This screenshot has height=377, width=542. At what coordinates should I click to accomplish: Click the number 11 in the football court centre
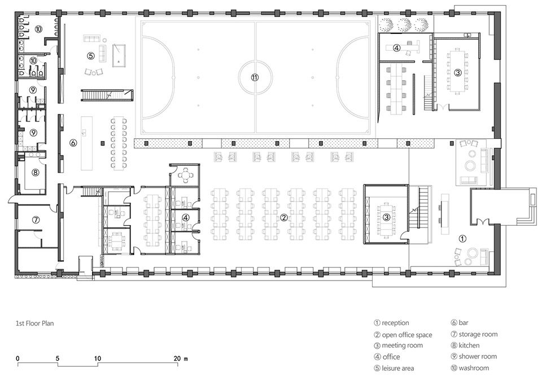[255, 77]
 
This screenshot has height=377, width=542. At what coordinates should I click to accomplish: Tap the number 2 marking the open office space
[283, 217]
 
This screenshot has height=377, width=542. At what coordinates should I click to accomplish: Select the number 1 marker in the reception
[462, 238]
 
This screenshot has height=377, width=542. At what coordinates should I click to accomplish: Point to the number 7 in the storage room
[36, 220]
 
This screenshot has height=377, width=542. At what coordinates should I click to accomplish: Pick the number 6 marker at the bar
[73, 142]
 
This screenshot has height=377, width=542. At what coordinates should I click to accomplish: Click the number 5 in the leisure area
[90, 55]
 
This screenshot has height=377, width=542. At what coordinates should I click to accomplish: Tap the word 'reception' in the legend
[395, 323]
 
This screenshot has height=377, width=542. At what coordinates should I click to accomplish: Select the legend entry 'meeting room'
[402, 345]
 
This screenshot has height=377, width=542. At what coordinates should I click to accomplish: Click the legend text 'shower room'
[478, 356]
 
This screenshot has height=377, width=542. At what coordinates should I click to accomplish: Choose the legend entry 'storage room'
[478, 334]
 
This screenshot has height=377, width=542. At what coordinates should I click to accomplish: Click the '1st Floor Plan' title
[34, 323]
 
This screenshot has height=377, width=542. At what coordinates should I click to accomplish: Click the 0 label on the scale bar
[18, 359]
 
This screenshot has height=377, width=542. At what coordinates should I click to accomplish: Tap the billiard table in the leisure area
[119, 55]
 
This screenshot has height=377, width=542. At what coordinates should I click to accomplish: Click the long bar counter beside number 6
[87, 143]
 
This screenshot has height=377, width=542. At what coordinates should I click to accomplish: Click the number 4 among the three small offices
[186, 217]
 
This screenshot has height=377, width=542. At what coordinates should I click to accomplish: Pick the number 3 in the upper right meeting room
[458, 73]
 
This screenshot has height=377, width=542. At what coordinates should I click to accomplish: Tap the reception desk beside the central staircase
[444, 214]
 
